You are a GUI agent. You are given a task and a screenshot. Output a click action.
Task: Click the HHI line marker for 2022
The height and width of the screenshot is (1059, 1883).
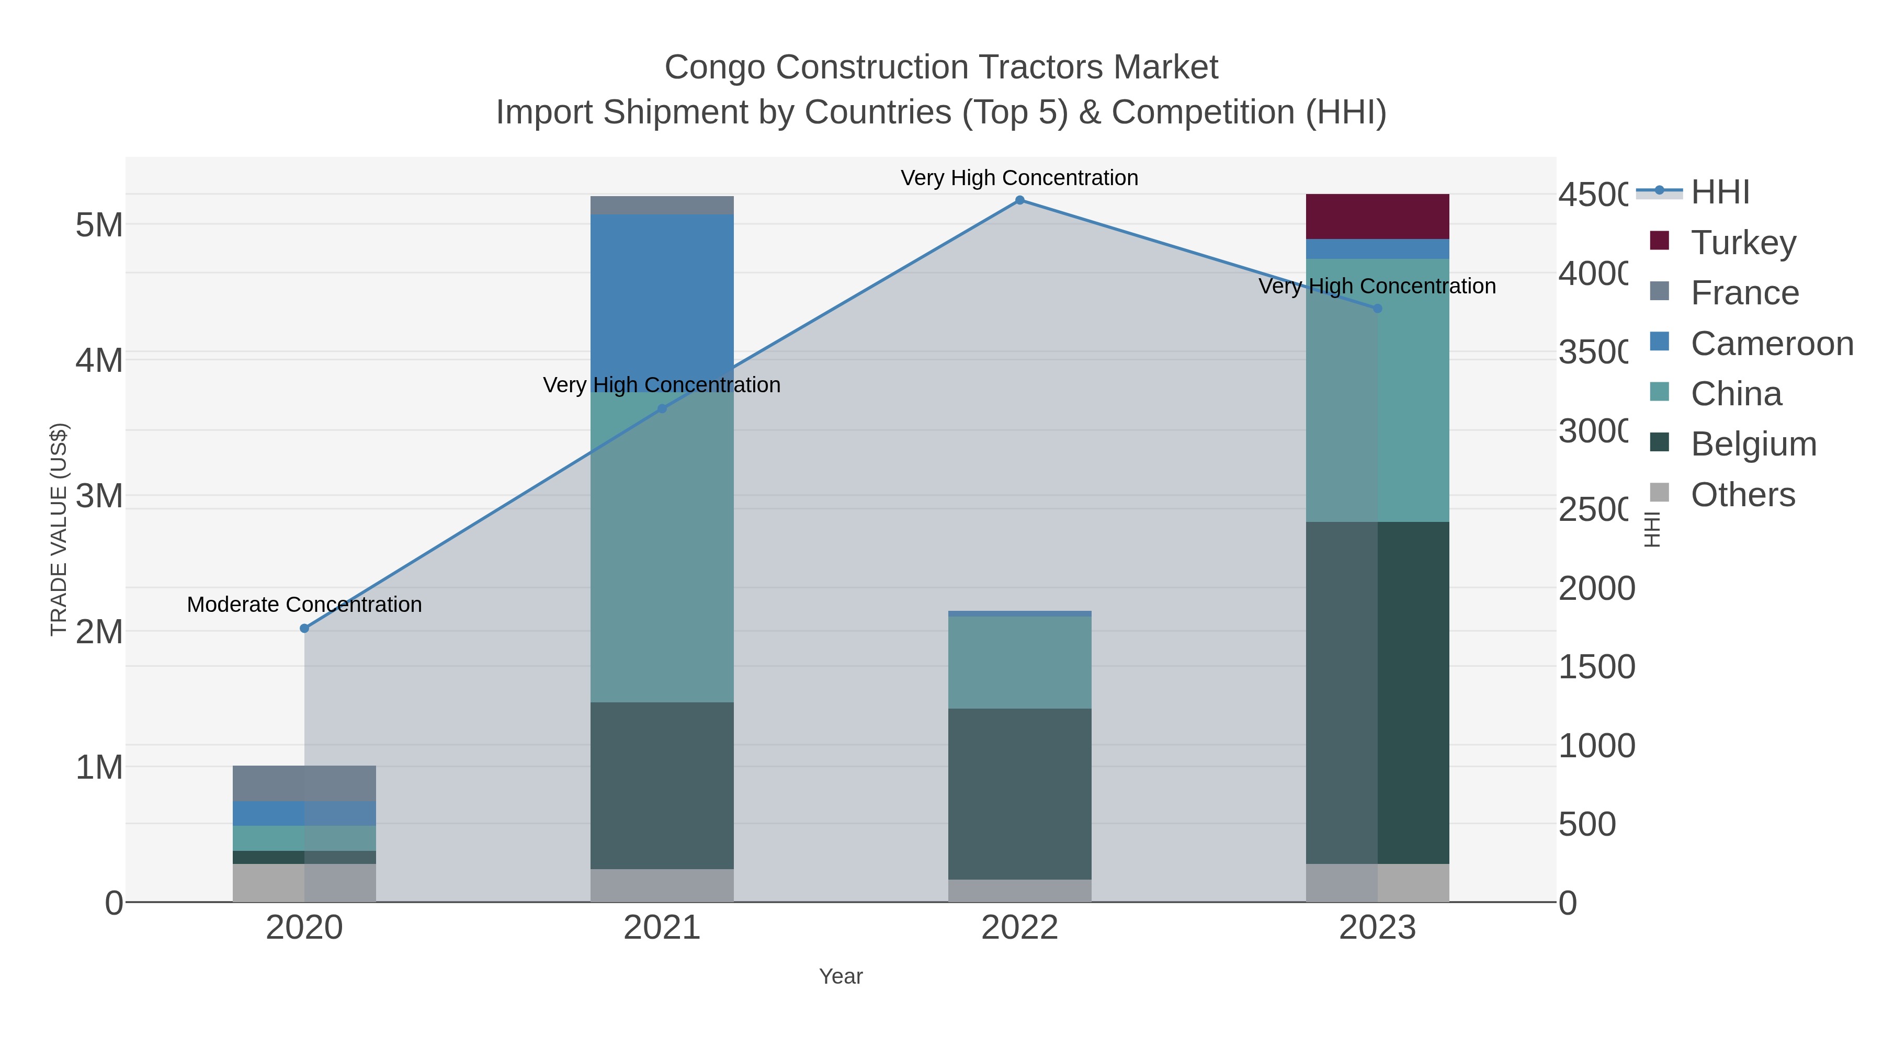pos(1020,200)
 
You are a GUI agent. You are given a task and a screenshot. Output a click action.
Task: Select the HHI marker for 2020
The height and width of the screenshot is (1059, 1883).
pos(305,629)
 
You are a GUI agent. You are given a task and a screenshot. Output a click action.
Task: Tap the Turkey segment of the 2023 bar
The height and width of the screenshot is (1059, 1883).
pos(1377,217)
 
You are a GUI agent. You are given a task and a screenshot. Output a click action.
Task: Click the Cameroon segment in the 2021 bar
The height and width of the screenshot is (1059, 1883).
pos(662,303)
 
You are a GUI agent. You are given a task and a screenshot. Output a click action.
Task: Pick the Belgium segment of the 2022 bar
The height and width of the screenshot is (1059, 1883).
pos(1020,794)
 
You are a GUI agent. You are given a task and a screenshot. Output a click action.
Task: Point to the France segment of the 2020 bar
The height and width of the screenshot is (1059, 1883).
pos(305,783)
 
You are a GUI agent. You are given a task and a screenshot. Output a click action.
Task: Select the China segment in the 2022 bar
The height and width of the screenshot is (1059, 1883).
pos(1020,662)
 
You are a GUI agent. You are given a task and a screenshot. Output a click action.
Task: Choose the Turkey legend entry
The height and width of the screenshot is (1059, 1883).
pos(1743,243)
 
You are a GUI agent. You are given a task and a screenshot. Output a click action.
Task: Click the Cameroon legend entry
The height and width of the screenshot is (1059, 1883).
pos(1772,344)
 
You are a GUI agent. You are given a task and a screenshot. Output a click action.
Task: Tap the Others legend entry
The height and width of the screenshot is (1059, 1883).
pos(1743,495)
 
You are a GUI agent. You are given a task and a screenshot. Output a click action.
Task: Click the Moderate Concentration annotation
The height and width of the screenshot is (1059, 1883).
pos(305,605)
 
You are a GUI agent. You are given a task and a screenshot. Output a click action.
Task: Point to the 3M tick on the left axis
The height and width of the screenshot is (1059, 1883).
pos(99,496)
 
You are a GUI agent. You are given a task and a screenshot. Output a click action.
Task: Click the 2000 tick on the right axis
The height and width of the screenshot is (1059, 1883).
pos(1596,588)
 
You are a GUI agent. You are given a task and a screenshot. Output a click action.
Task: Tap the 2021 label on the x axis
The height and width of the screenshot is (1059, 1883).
pos(662,928)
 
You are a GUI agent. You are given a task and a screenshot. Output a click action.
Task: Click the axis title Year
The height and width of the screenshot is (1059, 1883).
pos(841,976)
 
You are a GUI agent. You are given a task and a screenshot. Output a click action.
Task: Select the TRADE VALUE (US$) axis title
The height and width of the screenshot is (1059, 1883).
pos(59,529)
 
